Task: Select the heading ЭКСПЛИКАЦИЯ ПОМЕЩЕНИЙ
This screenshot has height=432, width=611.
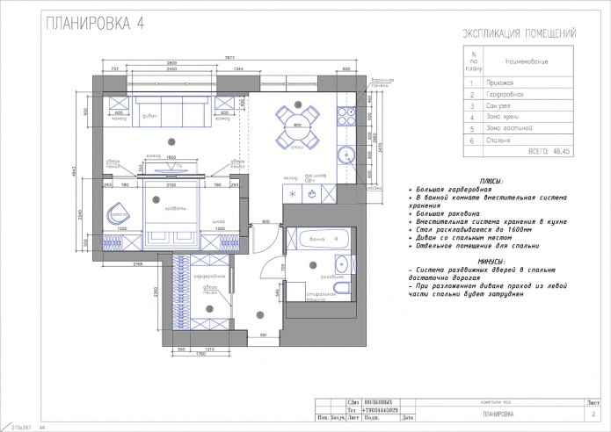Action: click(x=519, y=33)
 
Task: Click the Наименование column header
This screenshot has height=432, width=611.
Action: click(x=526, y=62)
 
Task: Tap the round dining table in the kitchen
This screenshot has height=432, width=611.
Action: click(x=296, y=126)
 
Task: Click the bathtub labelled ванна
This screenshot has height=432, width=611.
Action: click(x=313, y=240)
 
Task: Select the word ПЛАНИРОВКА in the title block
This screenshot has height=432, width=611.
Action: click(x=498, y=413)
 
